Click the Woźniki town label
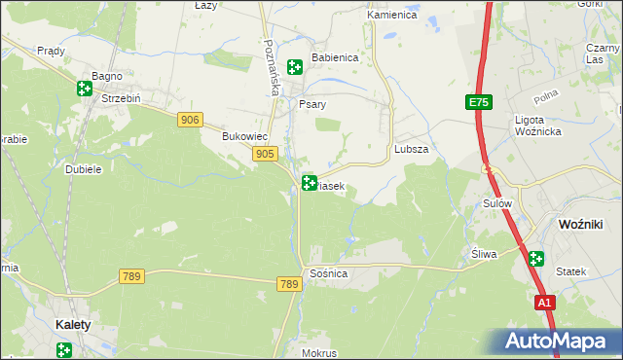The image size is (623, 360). [x=580, y=224]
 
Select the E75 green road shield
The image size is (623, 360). [x=477, y=102]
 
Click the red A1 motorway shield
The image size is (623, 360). [x=545, y=304]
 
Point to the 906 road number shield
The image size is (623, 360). [x=191, y=119]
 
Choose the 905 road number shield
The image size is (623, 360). [x=265, y=154]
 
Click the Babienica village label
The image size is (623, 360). [x=335, y=57]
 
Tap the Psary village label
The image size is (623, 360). [x=311, y=103]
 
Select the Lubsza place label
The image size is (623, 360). [x=412, y=150]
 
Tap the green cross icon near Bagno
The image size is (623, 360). [x=85, y=89]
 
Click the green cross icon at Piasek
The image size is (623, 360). [x=310, y=182]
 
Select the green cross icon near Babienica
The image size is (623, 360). [x=294, y=66]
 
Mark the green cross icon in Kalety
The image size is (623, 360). [x=64, y=349]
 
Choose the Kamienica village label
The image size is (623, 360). [x=391, y=16]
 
